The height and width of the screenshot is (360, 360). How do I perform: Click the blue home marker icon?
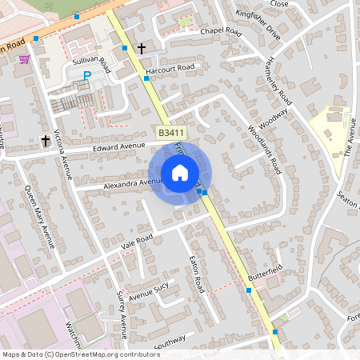[179, 173]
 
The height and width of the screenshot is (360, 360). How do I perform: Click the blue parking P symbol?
[87, 76]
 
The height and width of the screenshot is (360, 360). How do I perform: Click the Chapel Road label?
[221, 31]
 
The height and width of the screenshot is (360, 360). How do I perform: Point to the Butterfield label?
[266, 273]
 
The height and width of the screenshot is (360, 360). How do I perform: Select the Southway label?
[169, 342]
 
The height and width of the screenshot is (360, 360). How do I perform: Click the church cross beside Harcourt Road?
[142, 49]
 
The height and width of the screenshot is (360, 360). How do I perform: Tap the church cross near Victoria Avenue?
[46, 141]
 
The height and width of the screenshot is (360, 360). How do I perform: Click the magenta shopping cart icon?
[25, 59]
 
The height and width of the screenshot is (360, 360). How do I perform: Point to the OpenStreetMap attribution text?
[80, 354]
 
